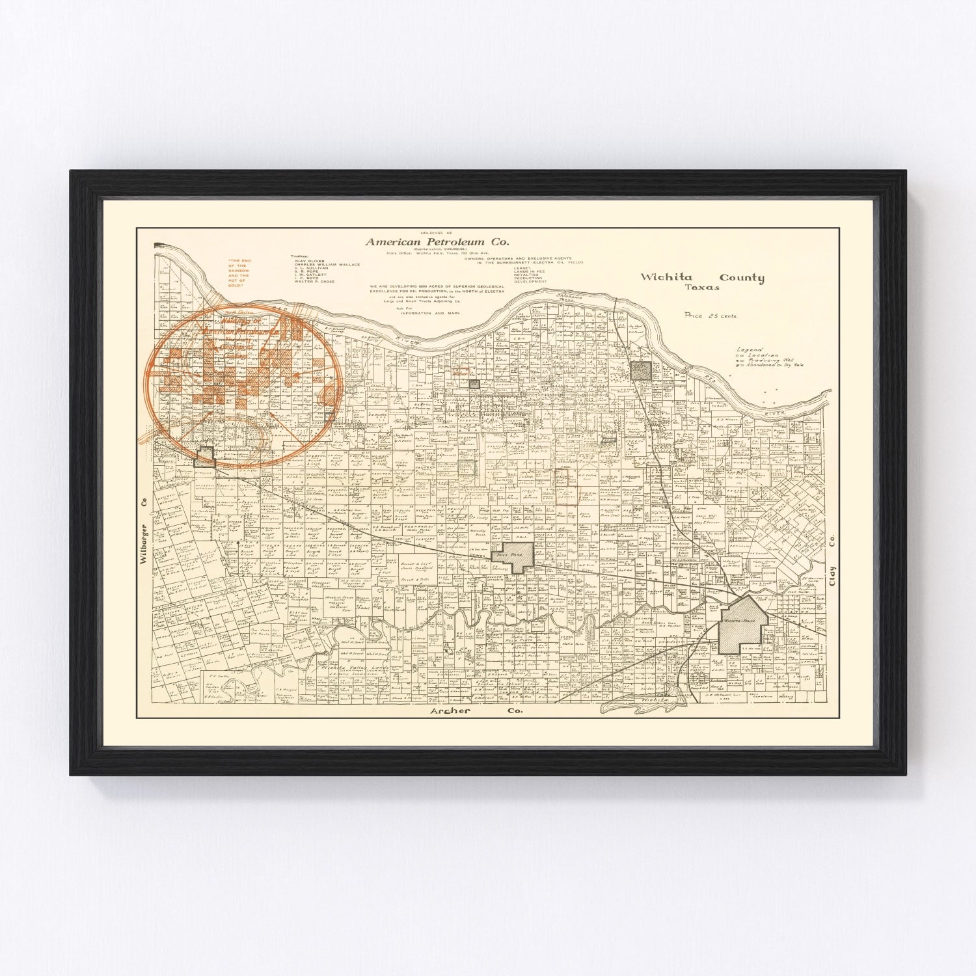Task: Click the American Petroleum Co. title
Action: tap(441, 241)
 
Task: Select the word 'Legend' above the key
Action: tap(749, 349)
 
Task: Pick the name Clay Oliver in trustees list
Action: tap(308, 260)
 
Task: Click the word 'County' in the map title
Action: tap(737, 278)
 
